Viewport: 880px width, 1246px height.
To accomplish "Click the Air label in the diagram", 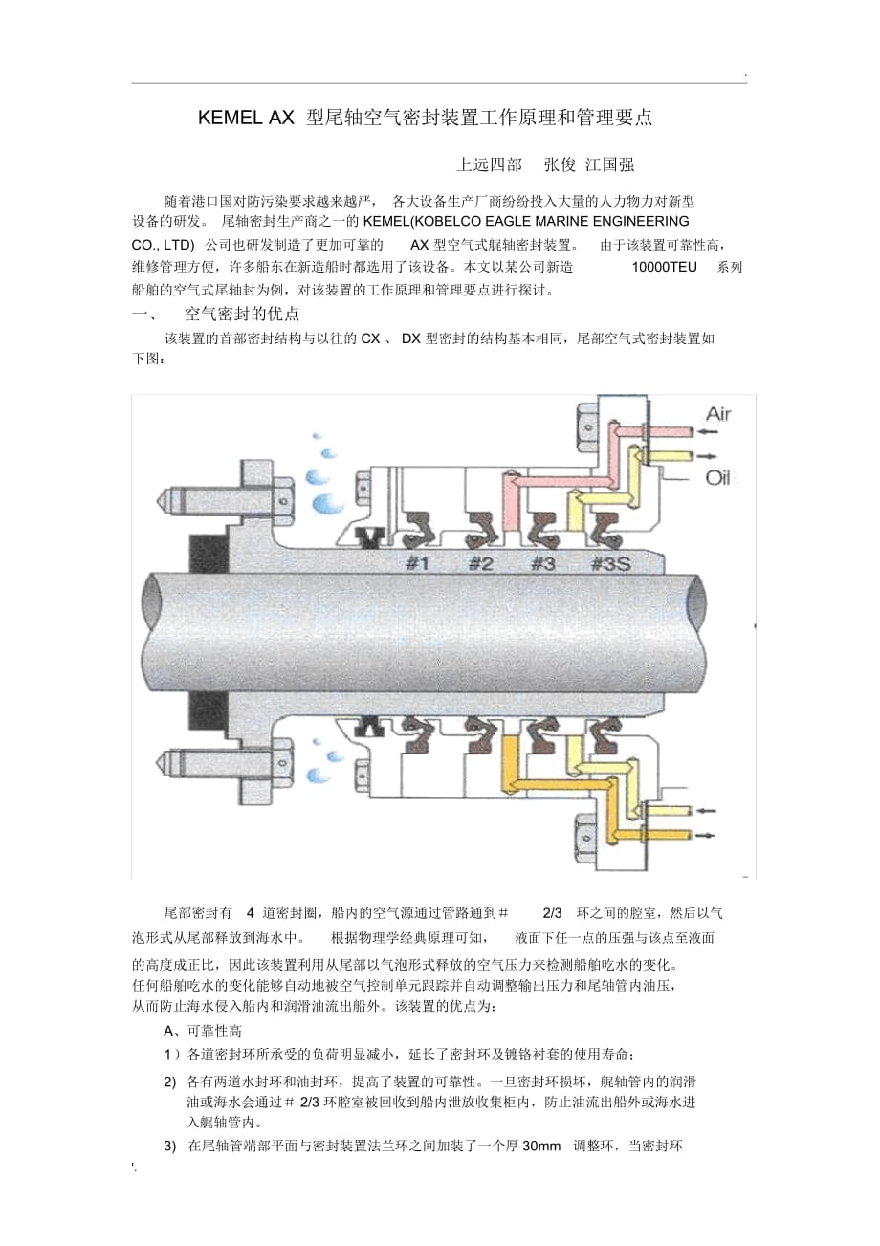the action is [x=717, y=414].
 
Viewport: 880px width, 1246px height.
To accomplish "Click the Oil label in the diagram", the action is [x=717, y=477].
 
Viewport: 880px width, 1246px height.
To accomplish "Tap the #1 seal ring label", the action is [x=417, y=564].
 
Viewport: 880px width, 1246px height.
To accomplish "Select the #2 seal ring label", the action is [x=480, y=564].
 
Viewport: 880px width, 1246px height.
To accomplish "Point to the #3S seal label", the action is [x=610, y=564].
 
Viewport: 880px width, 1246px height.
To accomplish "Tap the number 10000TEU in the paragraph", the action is [x=664, y=267].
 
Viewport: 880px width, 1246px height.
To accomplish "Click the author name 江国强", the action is [x=610, y=164].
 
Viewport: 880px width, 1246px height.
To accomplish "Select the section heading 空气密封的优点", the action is [x=242, y=315].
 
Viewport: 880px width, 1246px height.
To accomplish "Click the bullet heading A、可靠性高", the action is [x=203, y=1031].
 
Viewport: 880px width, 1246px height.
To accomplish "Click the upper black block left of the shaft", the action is [x=209, y=554].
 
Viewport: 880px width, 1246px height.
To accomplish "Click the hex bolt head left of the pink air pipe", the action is [x=588, y=427].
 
